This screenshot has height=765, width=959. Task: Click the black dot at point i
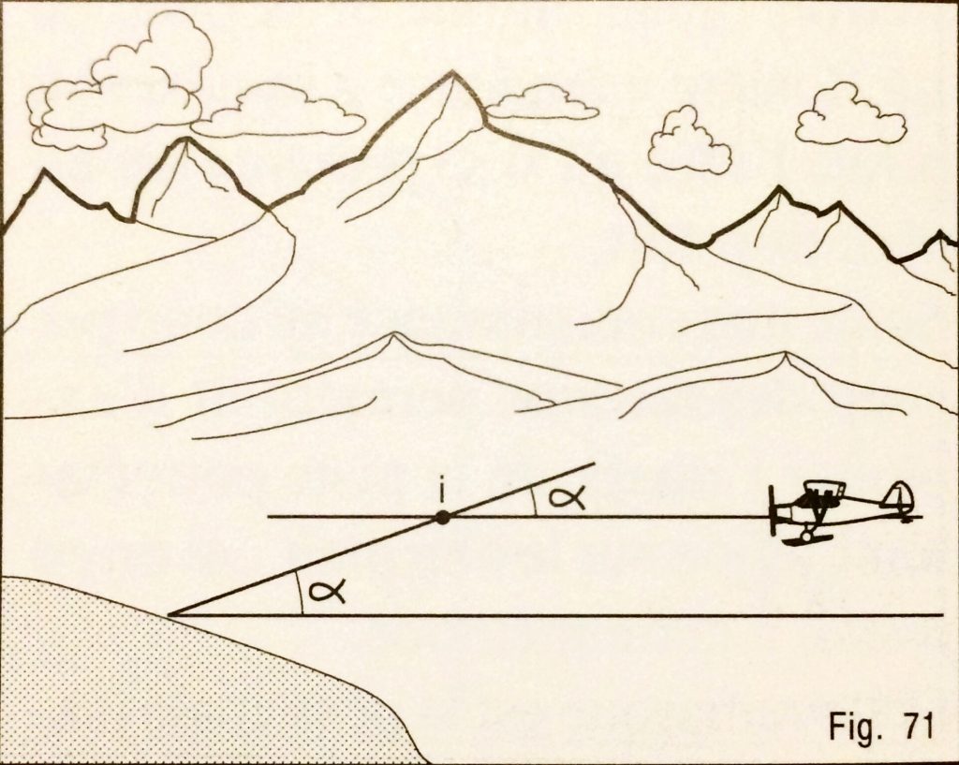pos(443,516)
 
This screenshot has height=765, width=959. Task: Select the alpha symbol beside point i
pos(567,497)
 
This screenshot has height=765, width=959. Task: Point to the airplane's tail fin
pos(899,497)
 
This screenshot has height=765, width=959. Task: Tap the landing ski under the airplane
pos(802,540)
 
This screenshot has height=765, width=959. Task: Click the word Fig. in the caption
pos(852,727)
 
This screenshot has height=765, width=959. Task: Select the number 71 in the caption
pos(915,727)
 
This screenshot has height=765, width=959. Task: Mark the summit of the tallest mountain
pos(453,72)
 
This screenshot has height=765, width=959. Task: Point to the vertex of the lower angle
pos(171,615)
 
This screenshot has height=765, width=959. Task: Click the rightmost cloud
pos(849,117)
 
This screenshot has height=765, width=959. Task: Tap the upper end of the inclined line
pos(594,463)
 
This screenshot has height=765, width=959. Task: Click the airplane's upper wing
pos(824,486)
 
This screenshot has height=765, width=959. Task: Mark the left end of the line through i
pos(269,516)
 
